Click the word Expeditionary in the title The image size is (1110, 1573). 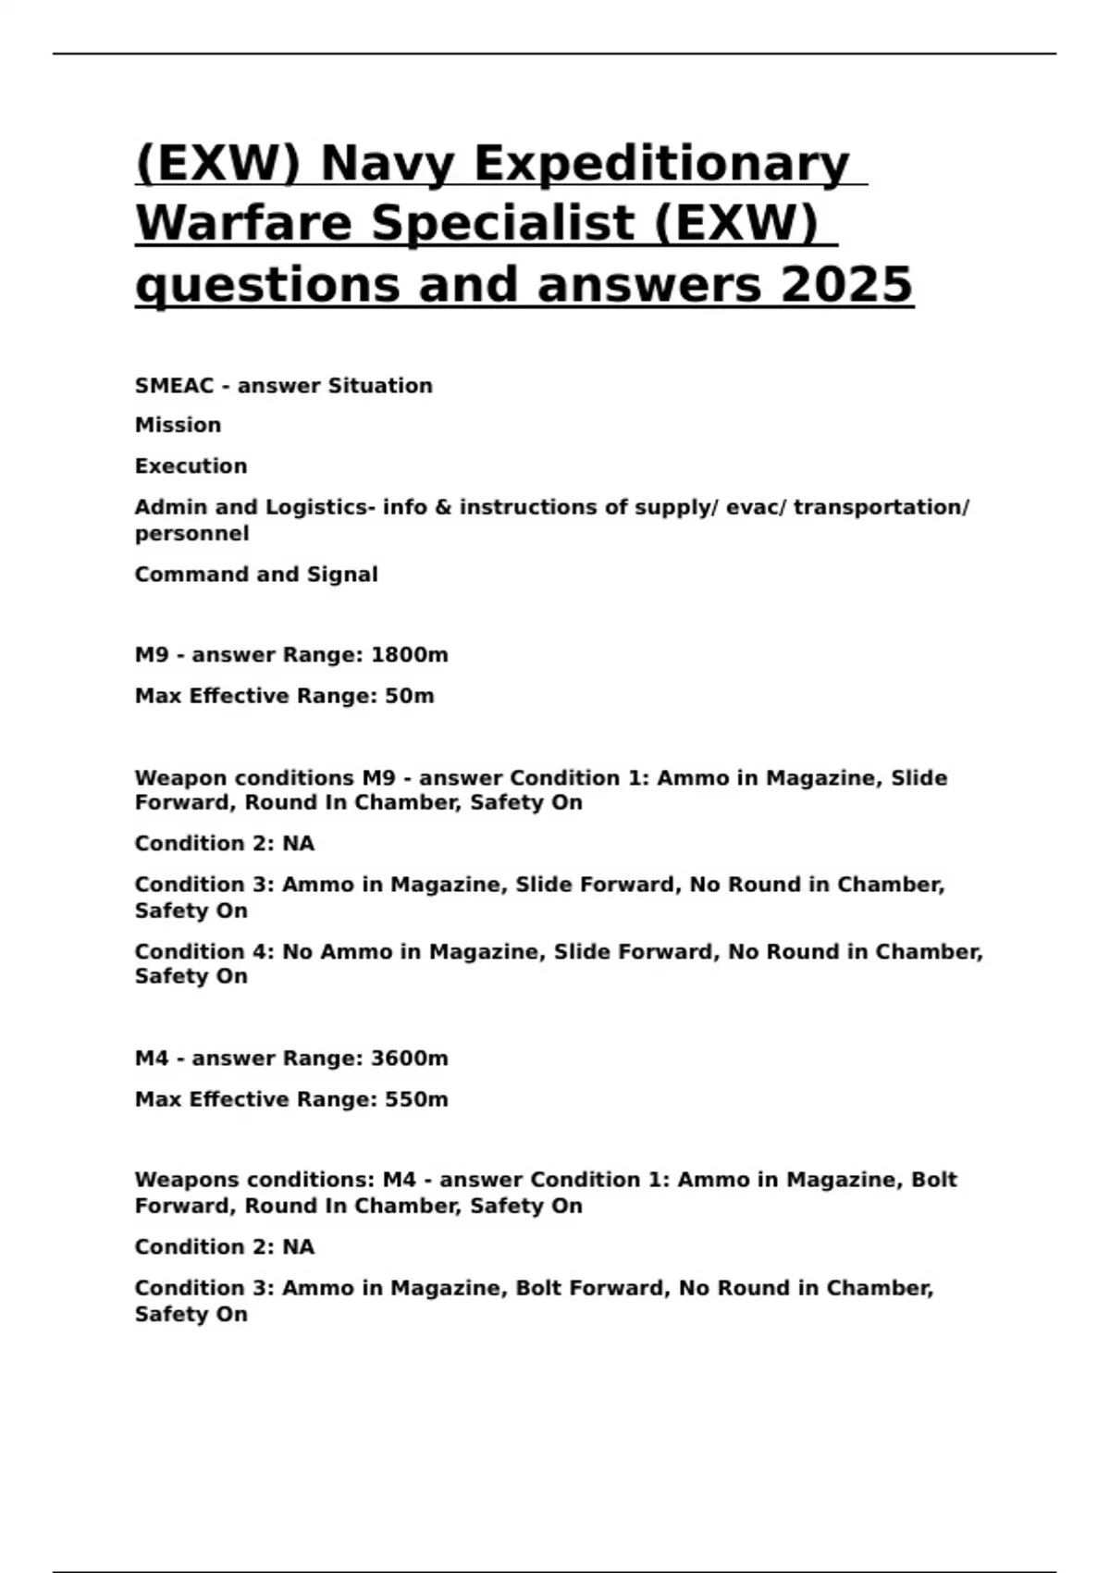coord(661,164)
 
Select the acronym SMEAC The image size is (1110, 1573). coord(174,386)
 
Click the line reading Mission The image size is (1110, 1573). coord(178,426)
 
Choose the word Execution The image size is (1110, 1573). coord(191,466)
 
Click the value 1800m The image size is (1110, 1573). coord(409,655)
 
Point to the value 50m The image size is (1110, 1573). coord(409,696)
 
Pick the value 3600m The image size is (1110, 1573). coord(409,1059)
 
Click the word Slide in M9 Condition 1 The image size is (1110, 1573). coord(919,778)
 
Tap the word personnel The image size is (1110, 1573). coord(191,534)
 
